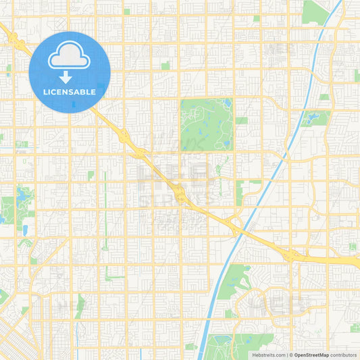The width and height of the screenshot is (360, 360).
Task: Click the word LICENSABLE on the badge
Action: pos(70,92)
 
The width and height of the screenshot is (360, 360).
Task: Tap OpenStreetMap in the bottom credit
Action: pos(311,355)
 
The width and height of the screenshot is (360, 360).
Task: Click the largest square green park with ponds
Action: pos(206,124)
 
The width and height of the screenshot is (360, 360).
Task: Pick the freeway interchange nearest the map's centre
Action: pos(180,194)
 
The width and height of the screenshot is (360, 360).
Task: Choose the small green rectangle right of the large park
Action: pos(241,120)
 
